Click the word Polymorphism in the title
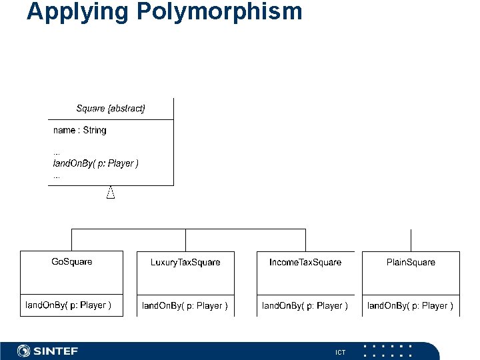[x=223, y=12]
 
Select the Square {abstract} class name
[x=111, y=108]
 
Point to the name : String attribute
[x=80, y=130]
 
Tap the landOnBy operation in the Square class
[x=96, y=163]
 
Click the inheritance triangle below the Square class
[x=111, y=193]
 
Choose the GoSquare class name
[x=72, y=261]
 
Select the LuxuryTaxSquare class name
[x=185, y=262]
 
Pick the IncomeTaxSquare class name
[x=305, y=262]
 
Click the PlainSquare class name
[x=411, y=262]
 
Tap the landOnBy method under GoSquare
[x=68, y=305]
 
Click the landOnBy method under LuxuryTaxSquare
[x=185, y=306]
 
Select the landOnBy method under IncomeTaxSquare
[x=305, y=306]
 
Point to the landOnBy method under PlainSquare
[x=410, y=306]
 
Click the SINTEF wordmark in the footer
[x=56, y=351]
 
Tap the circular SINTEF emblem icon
[x=24, y=351]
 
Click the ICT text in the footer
[x=340, y=352]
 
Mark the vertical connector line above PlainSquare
[x=411, y=240]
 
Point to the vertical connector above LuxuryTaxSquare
[x=185, y=240]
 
